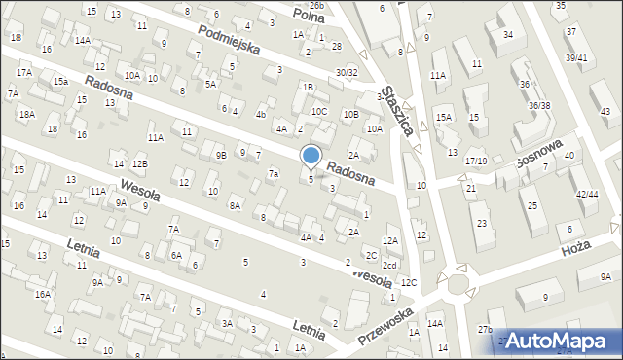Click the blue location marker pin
311,156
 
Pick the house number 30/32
347,72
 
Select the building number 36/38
539,105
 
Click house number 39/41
577,57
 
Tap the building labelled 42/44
587,194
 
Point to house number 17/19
476,161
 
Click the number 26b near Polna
316,6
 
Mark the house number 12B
140,163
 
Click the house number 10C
319,111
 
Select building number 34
508,34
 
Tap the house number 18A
26,114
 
